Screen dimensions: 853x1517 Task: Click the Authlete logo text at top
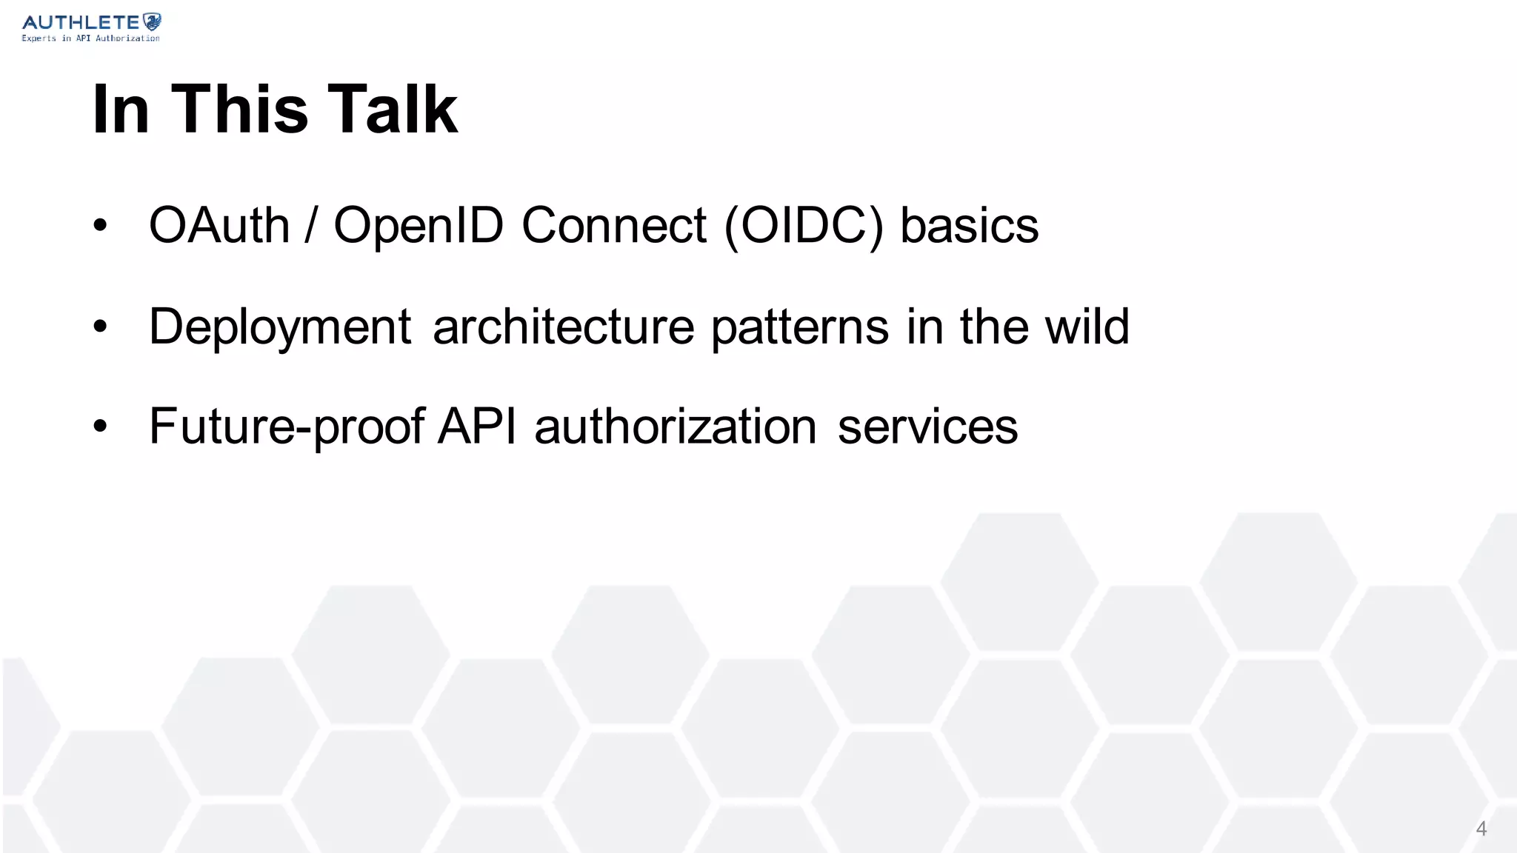[x=81, y=22]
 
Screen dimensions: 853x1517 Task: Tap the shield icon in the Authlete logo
[x=152, y=21]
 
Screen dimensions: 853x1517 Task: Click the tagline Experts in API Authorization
[x=90, y=38]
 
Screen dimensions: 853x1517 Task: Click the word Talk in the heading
[x=393, y=109]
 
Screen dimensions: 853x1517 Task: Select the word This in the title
[x=239, y=109]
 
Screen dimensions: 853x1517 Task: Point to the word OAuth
[x=219, y=225]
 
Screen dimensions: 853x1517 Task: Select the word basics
[x=969, y=225]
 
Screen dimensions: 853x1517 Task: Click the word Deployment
[x=280, y=327]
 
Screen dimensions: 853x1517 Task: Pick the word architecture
[x=563, y=327]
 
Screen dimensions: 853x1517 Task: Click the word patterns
[x=799, y=327]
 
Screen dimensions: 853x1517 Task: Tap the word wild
[x=1087, y=327]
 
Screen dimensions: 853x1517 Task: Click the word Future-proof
[x=287, y=426]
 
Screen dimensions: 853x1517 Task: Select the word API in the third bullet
[x=476, y=426]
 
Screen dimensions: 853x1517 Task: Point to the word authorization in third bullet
[x=675, y=426]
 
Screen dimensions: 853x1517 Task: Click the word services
[x=927, y=426]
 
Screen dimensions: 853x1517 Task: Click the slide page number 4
[x=1481, y=829]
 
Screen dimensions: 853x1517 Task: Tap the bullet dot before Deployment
[x=101, y=327]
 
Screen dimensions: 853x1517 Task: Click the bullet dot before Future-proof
[x=101, y=426]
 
